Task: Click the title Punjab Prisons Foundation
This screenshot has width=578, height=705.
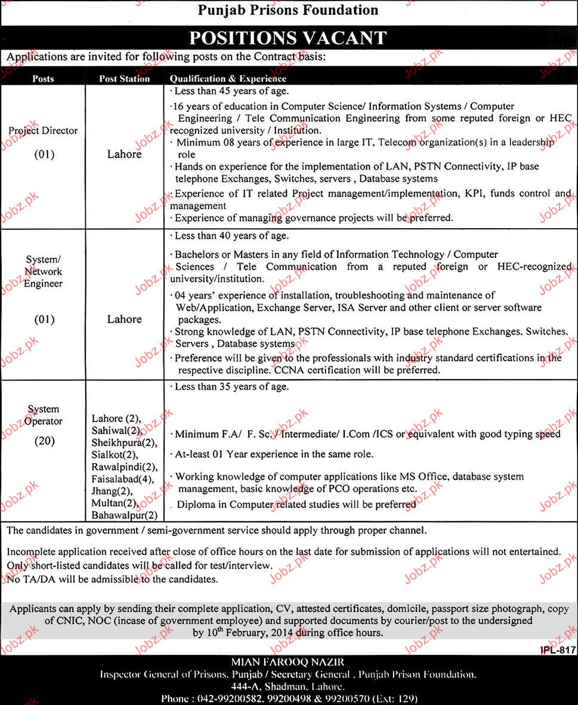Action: pyautogui.click(x=288, y=10)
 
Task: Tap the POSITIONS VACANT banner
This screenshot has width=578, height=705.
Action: pyautogui.click(x=288, y=38)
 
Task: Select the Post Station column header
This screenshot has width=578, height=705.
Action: pyautogui.click(x=124, y=78)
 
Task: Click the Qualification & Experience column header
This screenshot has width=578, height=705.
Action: pyautogui.click(x=228, y=78)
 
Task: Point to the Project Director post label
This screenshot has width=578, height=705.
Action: pyautogui.click(x=43, y=130)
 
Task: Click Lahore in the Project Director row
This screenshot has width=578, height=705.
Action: pyautogui.click(x=124, y=154)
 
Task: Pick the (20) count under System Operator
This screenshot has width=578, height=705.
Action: pyautogui.click(x=44, y=441)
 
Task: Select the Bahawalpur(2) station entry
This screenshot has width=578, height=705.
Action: pyautogui.click(x=125, y=515)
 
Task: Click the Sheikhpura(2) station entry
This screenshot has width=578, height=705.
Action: pyautogui.click(x=124, y=442)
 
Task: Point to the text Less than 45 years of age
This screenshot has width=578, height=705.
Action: pyautogui.click(x=231, y=91)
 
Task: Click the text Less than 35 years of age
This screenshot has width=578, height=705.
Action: pyautogui.click(x=231, y=387)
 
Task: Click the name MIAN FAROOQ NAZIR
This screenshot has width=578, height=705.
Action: pyautogui.click(x=289, y=662)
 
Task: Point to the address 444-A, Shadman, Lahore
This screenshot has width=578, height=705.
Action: pyautogui.click(x=289, y=686)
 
